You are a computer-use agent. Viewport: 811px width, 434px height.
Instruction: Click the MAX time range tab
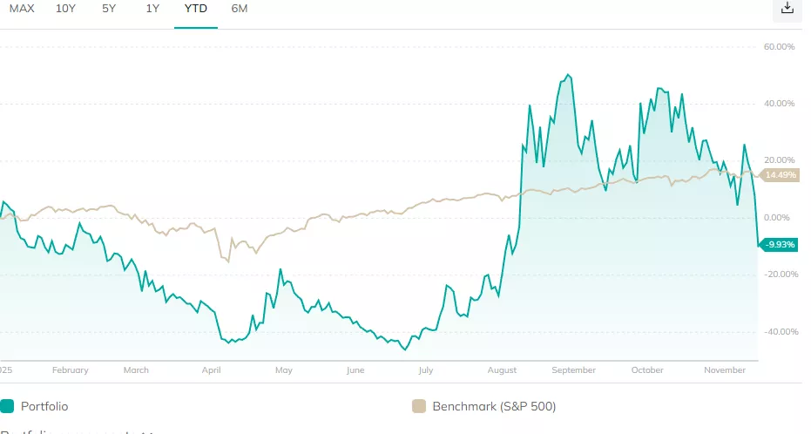pyautogui.click(x=22, y=9)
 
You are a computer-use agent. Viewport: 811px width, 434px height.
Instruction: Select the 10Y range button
pyautogui.click(x=65, y=9)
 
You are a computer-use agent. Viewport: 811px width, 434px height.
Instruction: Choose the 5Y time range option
pyautogui.click(x=109, y=9)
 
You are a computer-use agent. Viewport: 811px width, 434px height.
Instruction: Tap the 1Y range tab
pyautogui.click(x=152, y=9)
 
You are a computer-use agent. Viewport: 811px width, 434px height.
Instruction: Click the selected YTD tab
pyautogui.click(x=195, y=9)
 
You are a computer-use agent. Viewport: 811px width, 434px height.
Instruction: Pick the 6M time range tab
pyautogui.click(x=240, y=9)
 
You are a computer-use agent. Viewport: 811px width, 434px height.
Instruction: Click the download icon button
pyautogui.click(x=787, y=9)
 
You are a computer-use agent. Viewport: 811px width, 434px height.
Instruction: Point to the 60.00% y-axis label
pyautogui.click(x=780, y=47)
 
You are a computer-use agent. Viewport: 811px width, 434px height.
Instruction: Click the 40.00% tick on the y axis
pyautogui.click(x=780, y=104)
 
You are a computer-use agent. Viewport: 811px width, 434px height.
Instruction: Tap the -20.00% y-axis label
pyautogui.click(x=778, y=275)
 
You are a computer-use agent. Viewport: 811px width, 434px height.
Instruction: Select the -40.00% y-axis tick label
pyautogui.click(x=778, y=331)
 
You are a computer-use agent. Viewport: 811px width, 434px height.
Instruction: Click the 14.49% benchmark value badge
pyautogui.click(x=781, y=175)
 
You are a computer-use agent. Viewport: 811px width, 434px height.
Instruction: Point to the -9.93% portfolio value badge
pyautogui.click(x=780, y=245)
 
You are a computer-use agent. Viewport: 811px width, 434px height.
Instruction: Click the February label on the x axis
pyautogui.click(x=71, y=370)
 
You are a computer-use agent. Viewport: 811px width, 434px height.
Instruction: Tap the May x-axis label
pyautogui.click(x=284, y=370)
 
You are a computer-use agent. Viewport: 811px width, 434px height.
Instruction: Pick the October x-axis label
pyautogui.click(x=647, y=370)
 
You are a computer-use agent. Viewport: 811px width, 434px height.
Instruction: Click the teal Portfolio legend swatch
pyautogui.click(x=8, y=406)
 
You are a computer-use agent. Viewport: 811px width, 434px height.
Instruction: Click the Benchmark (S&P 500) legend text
pyautogui.click(x=493, y=406)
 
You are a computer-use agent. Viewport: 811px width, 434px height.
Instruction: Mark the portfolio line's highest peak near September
pyautogui.click(x=568, y=75)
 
